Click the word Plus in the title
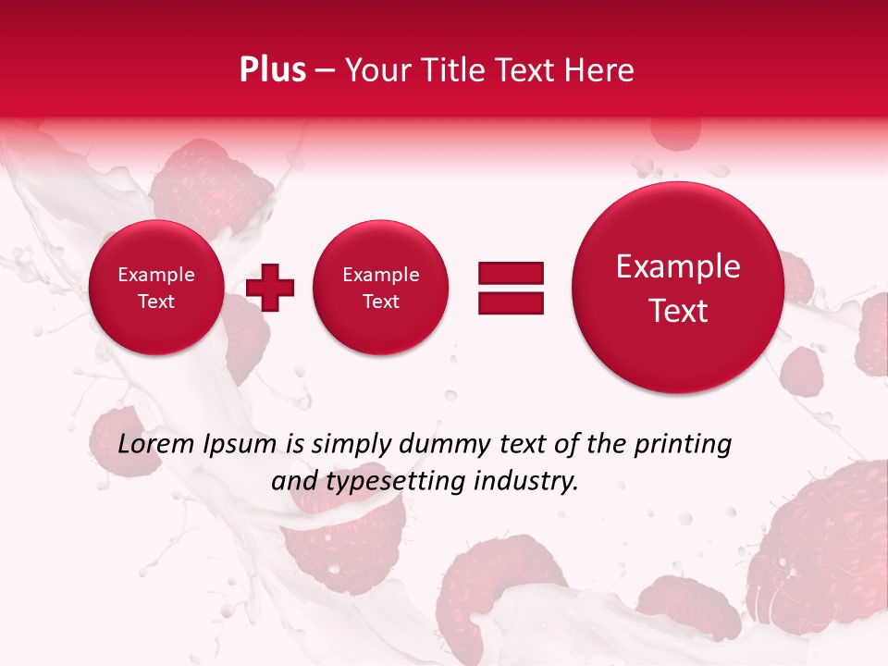[272, 70]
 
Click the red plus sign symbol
[270, 287]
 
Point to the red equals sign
[511, 288]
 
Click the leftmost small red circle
[155, 288]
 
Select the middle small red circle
[380, 288]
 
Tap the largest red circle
[678, 288]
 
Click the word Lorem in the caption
[157, 445]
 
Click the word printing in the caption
[683, 445]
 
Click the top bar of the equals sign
[511, 272]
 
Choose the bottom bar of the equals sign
[511, 302]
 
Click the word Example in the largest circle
[678, 266]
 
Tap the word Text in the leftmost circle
[155, 302]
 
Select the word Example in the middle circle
[380, 275]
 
